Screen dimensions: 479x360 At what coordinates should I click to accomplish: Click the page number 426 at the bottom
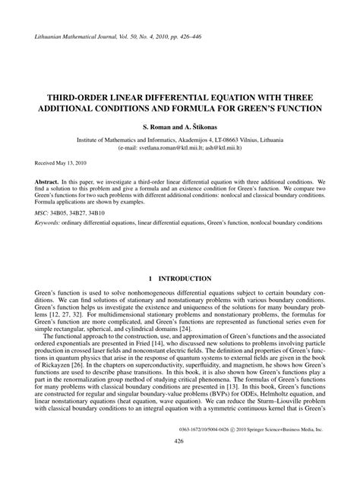[x=179, y=462]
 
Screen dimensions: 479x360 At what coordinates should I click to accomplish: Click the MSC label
[x=43, y=215]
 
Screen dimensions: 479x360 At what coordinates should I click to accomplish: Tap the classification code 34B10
[x=105, y=215]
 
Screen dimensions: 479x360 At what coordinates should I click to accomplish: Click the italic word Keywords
[x=51, y=225]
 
